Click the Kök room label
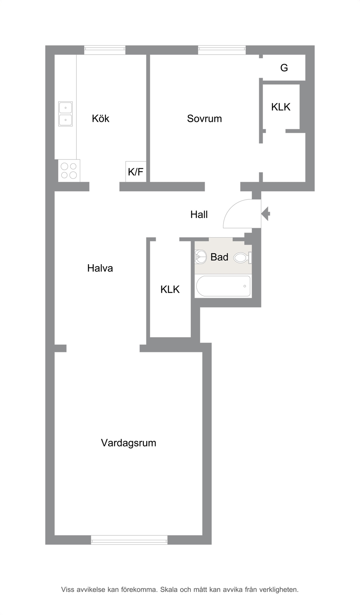100,118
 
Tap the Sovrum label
205,118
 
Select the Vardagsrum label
128,443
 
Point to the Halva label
100,268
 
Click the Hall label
199,215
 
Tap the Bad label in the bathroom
219,257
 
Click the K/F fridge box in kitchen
136,171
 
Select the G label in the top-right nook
284,67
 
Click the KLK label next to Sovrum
281,107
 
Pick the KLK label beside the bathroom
170,289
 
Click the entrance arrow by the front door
266,214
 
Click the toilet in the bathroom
243,258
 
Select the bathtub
223,286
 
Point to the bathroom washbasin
200,257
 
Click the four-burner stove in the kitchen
69,171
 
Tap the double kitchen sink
65,113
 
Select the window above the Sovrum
222,50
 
